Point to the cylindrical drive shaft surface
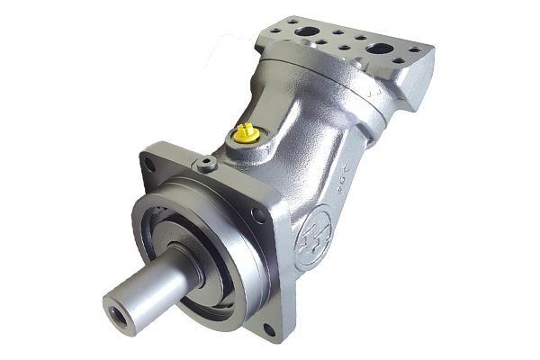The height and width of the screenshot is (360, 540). coord(153,288)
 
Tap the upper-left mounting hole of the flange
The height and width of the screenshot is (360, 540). coord(149,164)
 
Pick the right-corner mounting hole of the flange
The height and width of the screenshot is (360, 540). coord(258,216)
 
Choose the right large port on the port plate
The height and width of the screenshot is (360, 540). coord(379,47)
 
